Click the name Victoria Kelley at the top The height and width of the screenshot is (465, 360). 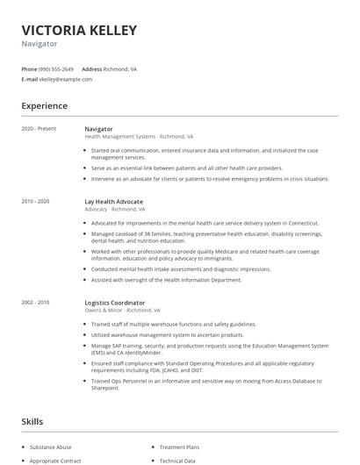click(79, 31)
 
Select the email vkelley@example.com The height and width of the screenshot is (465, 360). click(65, 79)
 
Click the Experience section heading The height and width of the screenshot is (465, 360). click(44, 106)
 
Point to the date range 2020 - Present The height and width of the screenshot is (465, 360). click(39, 129)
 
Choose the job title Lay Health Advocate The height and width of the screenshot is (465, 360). click(112, 202)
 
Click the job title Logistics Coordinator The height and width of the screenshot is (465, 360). click(114, 302)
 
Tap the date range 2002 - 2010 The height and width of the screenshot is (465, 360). click(35, 302)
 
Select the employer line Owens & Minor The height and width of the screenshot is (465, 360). click(122, 310)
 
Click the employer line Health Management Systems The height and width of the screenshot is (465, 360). click(138, 137)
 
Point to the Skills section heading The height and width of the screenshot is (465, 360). click(32, 422)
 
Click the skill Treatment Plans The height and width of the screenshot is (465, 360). click(180, 447)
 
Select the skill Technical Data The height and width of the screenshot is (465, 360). click(177, 460)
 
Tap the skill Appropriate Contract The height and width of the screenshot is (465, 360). click(55, 460)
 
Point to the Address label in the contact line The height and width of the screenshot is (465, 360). click(91, 68)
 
